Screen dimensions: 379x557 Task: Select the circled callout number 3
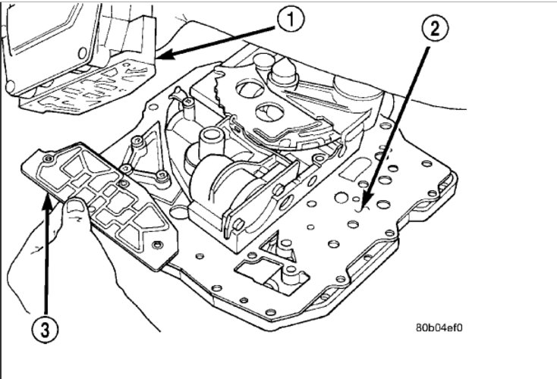pos(45,330)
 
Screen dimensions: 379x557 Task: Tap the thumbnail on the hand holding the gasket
pos(74,206)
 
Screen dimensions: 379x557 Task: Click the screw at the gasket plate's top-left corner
pos(48,159)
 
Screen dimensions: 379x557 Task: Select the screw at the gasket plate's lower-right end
pos(156,245)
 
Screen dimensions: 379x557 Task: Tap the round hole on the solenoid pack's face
pos(287,202)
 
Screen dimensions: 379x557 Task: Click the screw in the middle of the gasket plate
pos(122,183)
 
